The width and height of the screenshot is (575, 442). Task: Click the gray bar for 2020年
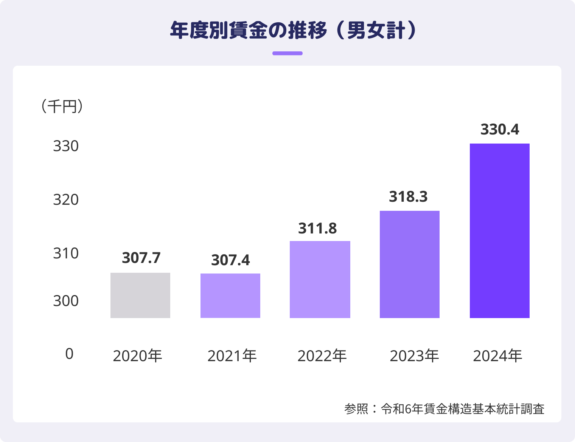coord(140,295)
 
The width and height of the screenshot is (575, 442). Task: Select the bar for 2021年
coord(230,295)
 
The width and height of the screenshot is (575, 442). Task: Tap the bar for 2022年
coord(320,279)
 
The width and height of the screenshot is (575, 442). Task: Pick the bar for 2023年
coord(410,264)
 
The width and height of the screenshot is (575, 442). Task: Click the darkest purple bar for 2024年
coord(500,230)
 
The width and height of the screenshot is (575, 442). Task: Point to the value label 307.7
coord(141,258)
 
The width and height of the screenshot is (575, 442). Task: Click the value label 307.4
coord(230,260)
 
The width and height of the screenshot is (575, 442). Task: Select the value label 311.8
coord(317,229)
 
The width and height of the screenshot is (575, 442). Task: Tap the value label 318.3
coord(408,197)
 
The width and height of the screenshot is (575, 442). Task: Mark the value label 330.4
coord(500,130)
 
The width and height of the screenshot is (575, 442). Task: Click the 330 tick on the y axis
coord(66,146)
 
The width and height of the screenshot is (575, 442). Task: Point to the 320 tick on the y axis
coord(66,200)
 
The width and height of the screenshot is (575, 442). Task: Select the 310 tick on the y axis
coord(66,253)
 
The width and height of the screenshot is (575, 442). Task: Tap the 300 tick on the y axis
coord(66,301)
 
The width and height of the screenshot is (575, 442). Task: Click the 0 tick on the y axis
coord(69,354)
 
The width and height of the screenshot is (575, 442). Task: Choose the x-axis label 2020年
coord(137,356)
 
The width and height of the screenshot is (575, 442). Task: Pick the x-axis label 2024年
coord(497,356)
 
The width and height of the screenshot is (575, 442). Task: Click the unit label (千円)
coord(62,107)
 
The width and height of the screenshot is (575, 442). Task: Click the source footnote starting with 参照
coord(444,409)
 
